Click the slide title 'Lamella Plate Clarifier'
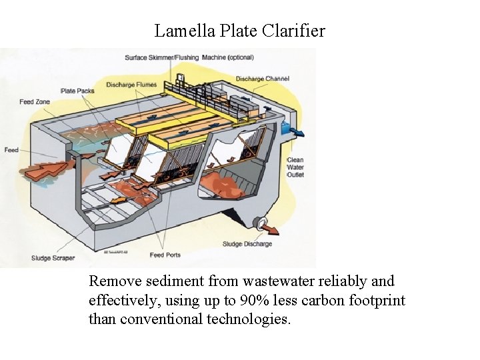[240, 31]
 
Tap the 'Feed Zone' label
[35, 102]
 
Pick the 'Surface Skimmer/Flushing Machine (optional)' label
[189, 57]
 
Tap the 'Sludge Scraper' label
[53, 258]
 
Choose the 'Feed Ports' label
[166, 255]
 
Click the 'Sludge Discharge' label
[247, 244]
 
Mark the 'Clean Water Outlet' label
[295, 167]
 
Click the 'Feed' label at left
[11, 150]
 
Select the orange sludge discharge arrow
[270, 230]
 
